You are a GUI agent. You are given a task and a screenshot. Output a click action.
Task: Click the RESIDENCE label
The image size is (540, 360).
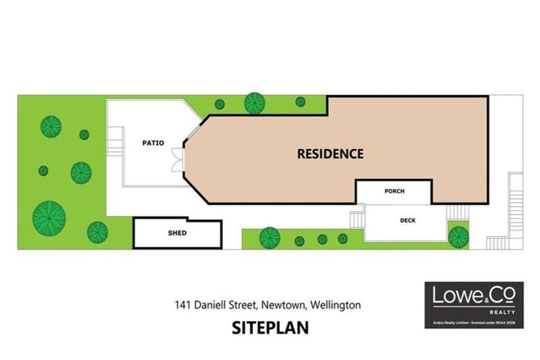(330, 153)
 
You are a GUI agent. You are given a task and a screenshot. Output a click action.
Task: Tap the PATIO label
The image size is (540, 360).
(153, 143)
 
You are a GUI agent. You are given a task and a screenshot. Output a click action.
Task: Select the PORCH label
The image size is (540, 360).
(394, 191)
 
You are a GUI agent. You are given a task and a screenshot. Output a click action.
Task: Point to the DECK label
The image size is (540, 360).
(407, 221)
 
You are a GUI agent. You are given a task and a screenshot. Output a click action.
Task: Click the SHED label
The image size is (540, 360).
(177, 233)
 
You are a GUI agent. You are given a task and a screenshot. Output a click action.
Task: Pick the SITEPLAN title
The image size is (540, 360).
(270, 328)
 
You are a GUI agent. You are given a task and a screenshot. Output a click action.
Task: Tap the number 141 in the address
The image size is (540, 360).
(184, 305)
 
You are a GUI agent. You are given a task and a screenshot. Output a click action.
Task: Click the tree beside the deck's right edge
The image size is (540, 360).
(458, 235)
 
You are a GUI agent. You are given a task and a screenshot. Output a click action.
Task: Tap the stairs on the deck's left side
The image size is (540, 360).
(356, 220)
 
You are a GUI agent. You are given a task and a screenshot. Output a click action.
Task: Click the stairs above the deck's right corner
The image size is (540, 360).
(456, 211)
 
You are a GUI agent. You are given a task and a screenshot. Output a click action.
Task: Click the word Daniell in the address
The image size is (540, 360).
(214, 305)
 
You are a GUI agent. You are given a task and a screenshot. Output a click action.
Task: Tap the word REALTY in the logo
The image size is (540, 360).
(503, 311)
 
